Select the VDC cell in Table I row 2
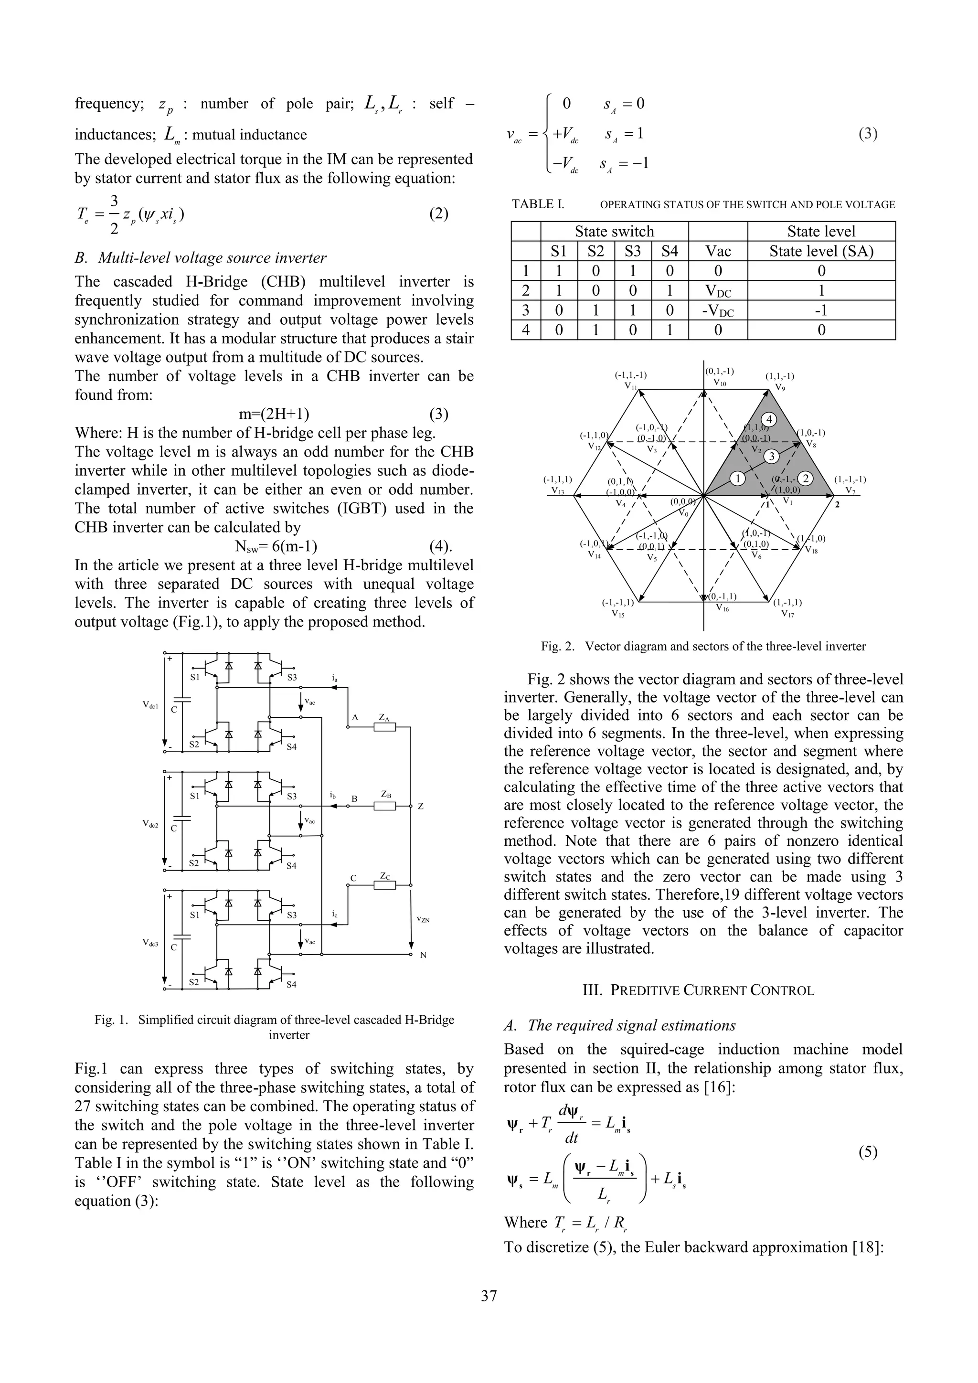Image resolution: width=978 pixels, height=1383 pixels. pyautogui.click(x=717, y=291)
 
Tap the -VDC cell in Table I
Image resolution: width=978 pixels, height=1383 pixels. pyautogui.click(x=717, y=311)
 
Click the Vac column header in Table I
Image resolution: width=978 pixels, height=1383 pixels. pyautogui.click(x=717, y=251)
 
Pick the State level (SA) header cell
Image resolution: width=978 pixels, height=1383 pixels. pyautogui.click(x=821, y=251)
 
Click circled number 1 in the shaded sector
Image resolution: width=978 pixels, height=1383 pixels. pyautogui.click(x=737, y=478)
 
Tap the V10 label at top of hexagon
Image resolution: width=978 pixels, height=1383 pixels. pyautogui.click(x=720, y=383)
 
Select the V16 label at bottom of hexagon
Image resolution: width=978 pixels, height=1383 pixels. pyautogui.click(x=722, y=608)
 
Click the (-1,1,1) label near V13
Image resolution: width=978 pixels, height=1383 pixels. pyautogui.click(x=557, y=480)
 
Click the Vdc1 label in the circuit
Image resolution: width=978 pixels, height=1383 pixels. pyautogui.click(x=150, y=704)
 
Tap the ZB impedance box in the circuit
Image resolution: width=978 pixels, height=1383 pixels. pyautogui.click(x=385, y=806)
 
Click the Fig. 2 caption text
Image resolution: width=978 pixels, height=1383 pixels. pyautogui.click(x=703, y=646)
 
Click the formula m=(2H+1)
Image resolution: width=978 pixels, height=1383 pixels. pyautogui.click(x=274, y=415)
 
